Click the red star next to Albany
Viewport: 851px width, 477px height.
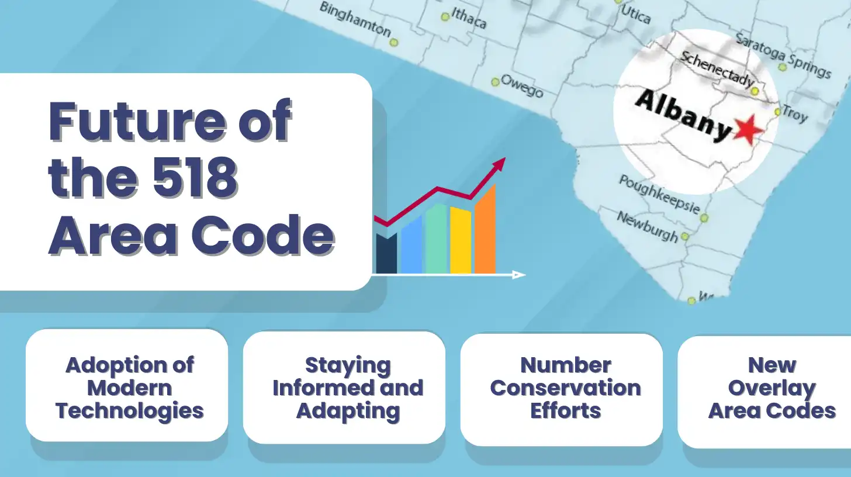[748, 130]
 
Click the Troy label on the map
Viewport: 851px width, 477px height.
[795, 114]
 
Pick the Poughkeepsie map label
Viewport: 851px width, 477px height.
[659, 195]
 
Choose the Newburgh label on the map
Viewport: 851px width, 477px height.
[648, 227]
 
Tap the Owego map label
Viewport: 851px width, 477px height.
[522, 85]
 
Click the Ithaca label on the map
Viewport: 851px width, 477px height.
[469, 18]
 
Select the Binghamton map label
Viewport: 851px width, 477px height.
[355, 19]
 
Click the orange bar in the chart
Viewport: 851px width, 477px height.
[485, 229]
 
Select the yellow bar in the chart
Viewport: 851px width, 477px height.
[461, 240]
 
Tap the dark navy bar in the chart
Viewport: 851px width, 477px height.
[386, 254]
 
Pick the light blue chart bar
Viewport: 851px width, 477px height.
[411, 245]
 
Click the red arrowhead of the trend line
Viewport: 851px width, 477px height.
[499, 164]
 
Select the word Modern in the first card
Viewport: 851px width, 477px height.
[129, 388]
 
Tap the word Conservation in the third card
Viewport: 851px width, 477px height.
[565, 388]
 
